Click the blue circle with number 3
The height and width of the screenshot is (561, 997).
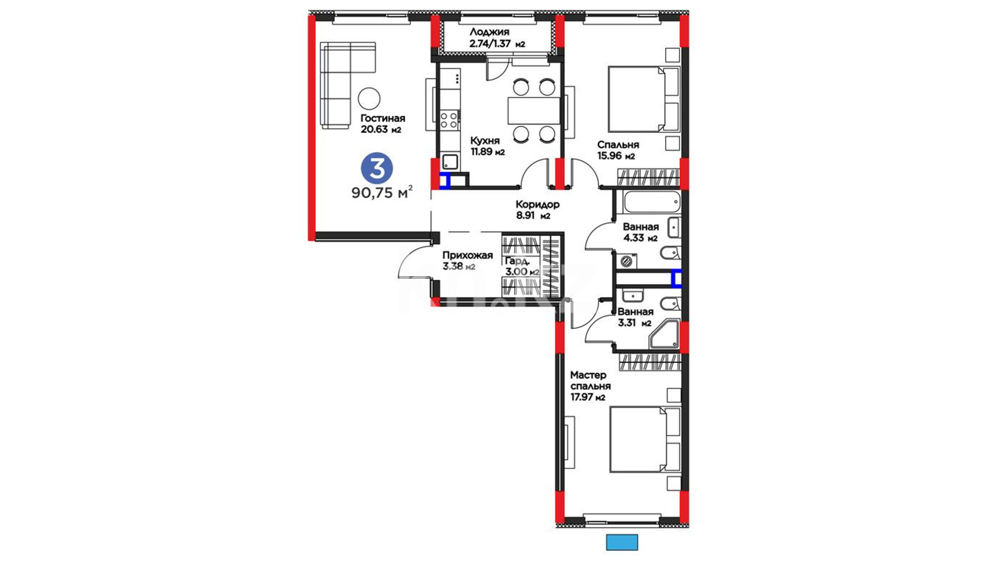click(377, 168)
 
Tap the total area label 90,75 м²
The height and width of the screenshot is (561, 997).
click(382, 192)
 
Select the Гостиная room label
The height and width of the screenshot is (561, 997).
click(383, 118)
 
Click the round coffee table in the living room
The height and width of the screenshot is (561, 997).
click(369, 98)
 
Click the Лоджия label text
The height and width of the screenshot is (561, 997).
click(489, 32)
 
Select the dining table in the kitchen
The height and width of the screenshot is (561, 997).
click(534, 110)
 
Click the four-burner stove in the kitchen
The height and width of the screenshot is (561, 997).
click(449, 121)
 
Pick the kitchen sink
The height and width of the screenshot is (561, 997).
click(450, 162)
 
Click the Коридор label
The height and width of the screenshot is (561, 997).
click(537, 204)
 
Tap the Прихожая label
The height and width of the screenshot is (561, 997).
click(467, 256)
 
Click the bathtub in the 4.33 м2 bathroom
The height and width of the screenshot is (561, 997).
click(652, 202)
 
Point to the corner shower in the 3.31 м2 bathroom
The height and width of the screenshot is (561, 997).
click(664, 334)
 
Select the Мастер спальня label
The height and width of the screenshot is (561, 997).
click(590, 381)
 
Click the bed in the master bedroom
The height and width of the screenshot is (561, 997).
click(644, 439)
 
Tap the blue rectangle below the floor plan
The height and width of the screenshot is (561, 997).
click(622, 542)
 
